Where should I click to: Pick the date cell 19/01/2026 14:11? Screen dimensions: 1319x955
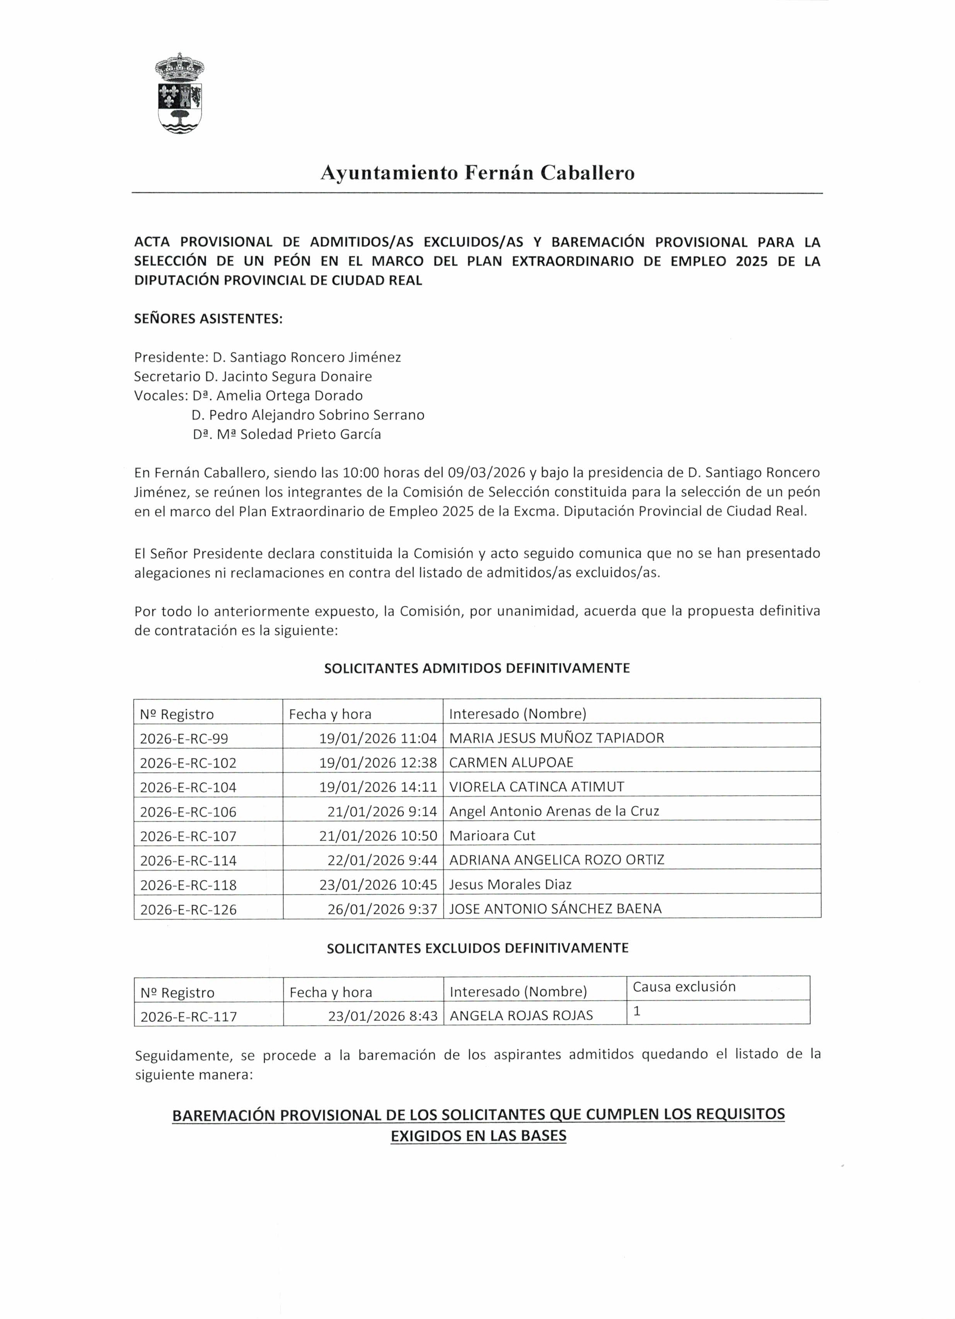point(377,787)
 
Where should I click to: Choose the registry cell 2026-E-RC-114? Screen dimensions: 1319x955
point(188,860)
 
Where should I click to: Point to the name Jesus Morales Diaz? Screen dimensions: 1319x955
point(510,885)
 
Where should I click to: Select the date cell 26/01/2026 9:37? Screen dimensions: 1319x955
point(382,909)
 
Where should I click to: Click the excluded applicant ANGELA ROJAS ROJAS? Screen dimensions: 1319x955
point(521,1015)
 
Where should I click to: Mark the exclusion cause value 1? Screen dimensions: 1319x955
point(637,1011)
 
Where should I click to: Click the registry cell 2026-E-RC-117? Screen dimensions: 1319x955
point(188,1017)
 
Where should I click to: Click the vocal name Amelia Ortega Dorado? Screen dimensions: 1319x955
point(289,396)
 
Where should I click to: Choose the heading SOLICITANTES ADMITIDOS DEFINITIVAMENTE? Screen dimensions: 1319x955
point(477,668)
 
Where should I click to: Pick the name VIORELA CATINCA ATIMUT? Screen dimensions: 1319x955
point(536,787)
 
